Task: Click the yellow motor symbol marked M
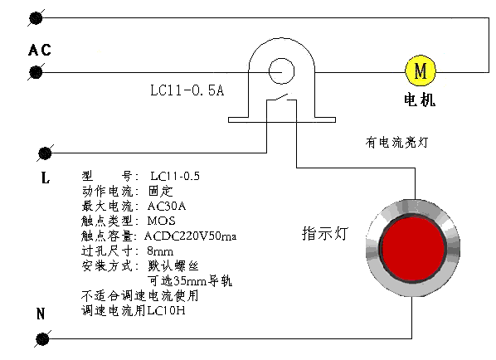(x=421, y=71)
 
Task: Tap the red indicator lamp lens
(x=413, y=248)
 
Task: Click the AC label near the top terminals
(x=40, y=50)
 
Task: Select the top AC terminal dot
(x=36, y=18)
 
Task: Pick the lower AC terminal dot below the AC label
(x=36, y=72)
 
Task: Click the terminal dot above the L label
(x=45, y=153)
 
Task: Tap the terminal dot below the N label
(x=42, y=339)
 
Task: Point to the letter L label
(x=46, y=178)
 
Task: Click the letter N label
(x=41, y=314)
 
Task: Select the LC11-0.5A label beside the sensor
(x=187, y=90)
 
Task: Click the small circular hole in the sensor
(x=281, y=71)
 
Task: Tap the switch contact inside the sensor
(x=281, y=98)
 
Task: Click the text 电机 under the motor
(x=420, y=100)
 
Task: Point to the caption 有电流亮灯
(x=396, y=143)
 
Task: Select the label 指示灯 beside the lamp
(x=325, y=233)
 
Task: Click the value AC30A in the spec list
(x=167, y=207)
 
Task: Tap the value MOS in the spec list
(x=162, y=221)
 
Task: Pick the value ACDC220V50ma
(x=191, y=236)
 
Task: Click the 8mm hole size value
(x=160, y=251)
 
